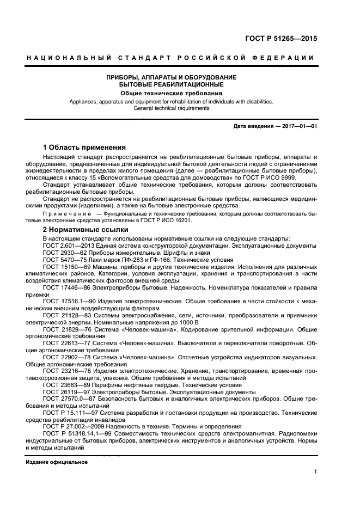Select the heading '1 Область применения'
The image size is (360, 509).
click(x=84, y=147)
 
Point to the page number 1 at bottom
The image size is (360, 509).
click(x=315, y=473)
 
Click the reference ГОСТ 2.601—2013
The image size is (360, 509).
click(x=69, y=246)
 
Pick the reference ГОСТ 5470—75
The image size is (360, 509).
click(x=65, y=260)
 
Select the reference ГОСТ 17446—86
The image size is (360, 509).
click(x=67, y=287)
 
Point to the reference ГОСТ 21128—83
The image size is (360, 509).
click(x=68, y=315)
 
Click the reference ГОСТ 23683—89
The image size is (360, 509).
click(x=67, y=385)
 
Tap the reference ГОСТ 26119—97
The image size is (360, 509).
click(x=67, y=392)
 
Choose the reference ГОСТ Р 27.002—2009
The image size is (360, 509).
click(x=74, y=427)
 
